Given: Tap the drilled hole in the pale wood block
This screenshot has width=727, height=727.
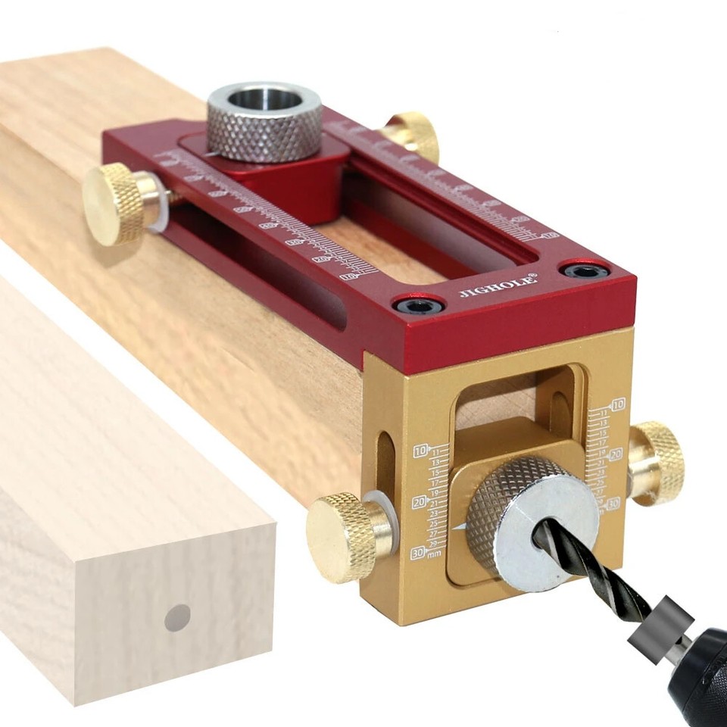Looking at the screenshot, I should (x=178, y=617).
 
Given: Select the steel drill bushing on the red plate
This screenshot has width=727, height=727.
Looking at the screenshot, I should (x=264, y=122).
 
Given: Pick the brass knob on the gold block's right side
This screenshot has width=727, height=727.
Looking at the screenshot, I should (x=657, y=463).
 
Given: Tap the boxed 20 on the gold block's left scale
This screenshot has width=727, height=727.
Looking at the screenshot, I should (x=420, y=503).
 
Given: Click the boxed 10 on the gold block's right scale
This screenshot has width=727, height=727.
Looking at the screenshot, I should (x=618, y=404).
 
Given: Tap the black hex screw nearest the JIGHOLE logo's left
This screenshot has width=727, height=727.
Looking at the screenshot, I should (x=412, y=306).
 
